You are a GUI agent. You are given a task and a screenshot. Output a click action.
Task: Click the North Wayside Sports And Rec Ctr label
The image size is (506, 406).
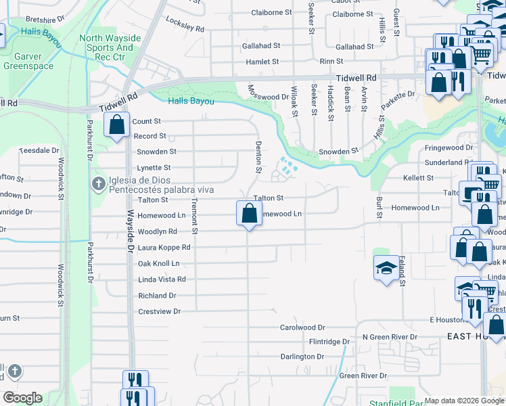(x=106, y=48)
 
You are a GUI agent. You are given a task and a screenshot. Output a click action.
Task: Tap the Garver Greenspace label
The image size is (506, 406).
(x=22, y=62)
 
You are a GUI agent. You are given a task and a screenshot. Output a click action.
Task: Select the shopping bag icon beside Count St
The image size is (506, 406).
(x=117, y=125)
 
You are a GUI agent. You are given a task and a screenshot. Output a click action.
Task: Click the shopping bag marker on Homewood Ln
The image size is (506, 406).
(x=249, y=214)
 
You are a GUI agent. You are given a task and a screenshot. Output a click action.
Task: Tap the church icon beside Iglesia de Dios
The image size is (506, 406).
(x=98, y=183)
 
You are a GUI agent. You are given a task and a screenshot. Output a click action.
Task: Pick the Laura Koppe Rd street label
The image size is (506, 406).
(x=164, y=248)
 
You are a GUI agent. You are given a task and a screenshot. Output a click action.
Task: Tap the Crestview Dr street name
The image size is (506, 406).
(x=160, y=311)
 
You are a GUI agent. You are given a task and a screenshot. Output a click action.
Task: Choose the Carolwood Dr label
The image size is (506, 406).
(x=303, y=328)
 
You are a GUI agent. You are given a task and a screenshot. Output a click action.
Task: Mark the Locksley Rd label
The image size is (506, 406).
(x=185, y=25)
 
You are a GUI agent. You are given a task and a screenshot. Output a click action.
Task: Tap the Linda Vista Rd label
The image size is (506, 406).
(x=162, y=279)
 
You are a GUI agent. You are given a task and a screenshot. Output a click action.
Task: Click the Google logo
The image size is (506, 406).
(x=22, y=398)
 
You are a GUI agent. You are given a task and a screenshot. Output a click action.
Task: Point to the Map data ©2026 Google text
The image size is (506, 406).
(x=465, y=401)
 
